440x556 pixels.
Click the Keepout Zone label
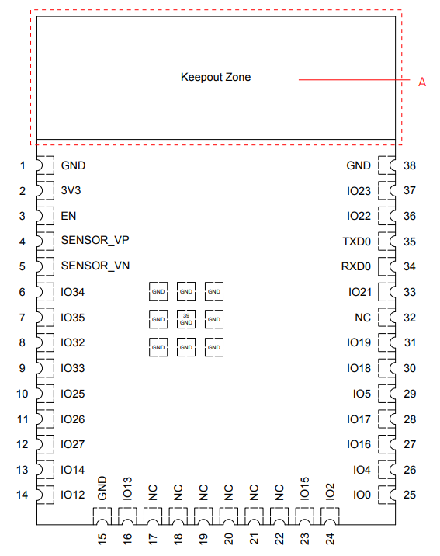[x=216, y=77]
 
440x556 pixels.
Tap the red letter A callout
[x=422, y=82]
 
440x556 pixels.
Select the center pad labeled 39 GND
[x=186, y=319]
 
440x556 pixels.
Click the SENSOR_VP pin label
[x=95, y=240]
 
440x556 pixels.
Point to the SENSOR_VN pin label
[x=95, y=266]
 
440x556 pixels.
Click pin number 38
[x=410, y=165]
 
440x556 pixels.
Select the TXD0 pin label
[x=356, y=242]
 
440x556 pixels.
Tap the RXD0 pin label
[x=355, y=266]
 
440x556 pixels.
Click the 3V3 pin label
[x=71, y=190]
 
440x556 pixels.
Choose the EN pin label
[x=68, y=216]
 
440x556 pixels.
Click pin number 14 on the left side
[x=22, y=495]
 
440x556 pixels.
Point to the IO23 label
[x=359, y=191]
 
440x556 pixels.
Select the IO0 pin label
[x=362, y=495]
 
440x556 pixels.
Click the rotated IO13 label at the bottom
[x=127, y=488]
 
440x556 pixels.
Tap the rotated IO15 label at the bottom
[x=304, y=488]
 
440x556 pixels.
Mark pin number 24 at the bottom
[x=330, y=539]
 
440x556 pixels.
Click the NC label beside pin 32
[x=362, y=318]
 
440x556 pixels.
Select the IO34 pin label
[x=73, y=292]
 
